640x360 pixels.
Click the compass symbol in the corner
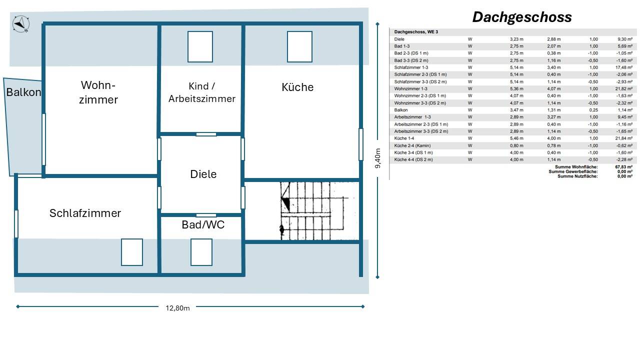coord(21,24)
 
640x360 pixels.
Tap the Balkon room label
coord(23,92)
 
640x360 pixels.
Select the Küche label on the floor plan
coord(297,87)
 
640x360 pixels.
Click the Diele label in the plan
coord(203,174)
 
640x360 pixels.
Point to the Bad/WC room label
coord(203,224)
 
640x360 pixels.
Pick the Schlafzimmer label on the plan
coord(85,213)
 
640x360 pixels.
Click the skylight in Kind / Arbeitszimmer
coord(200,46)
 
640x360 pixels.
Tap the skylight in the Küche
coord(299,46)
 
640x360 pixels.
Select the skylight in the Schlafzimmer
coord(131,252)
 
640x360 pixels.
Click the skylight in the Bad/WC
coord(201,252)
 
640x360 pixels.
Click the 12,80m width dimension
coord(177,308)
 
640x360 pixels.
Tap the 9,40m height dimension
coord(377,158)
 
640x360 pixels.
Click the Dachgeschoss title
coord(522,17)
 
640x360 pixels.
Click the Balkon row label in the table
coord(401,110)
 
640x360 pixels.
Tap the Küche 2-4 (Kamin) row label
coord(412,145)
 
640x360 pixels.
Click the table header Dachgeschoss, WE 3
coord(416,31)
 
